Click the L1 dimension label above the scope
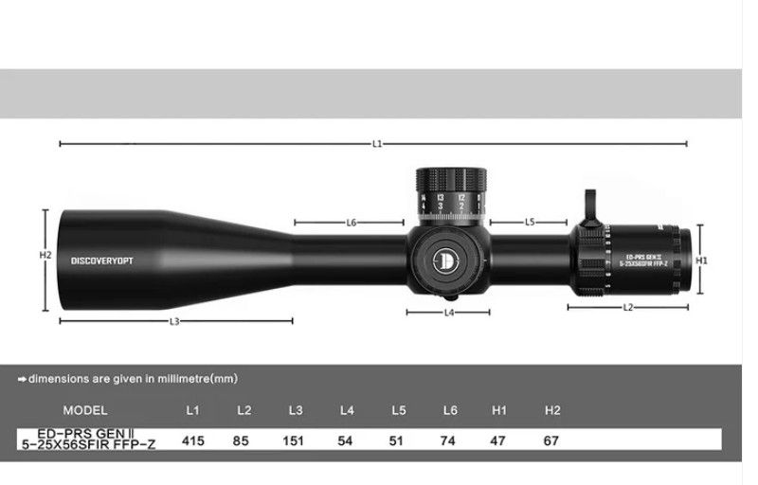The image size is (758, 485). (376, 144)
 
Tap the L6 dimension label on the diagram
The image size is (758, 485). (351, 223)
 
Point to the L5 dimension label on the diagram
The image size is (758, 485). (530, 223)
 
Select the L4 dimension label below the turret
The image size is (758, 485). (450, 312)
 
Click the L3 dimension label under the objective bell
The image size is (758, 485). (174, 322)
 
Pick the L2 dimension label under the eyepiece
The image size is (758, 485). (628, 307)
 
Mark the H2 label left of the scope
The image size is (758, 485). (45, 255)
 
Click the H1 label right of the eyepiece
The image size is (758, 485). (702, 259)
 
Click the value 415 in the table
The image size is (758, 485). (193, 440)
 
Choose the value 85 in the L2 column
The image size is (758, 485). (244, 440)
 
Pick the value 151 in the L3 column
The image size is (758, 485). (296, 440)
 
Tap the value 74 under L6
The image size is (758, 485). (449, 440)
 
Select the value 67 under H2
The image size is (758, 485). (552, 440)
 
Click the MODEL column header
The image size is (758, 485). (84, 410)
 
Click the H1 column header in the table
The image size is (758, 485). (500, 410)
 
